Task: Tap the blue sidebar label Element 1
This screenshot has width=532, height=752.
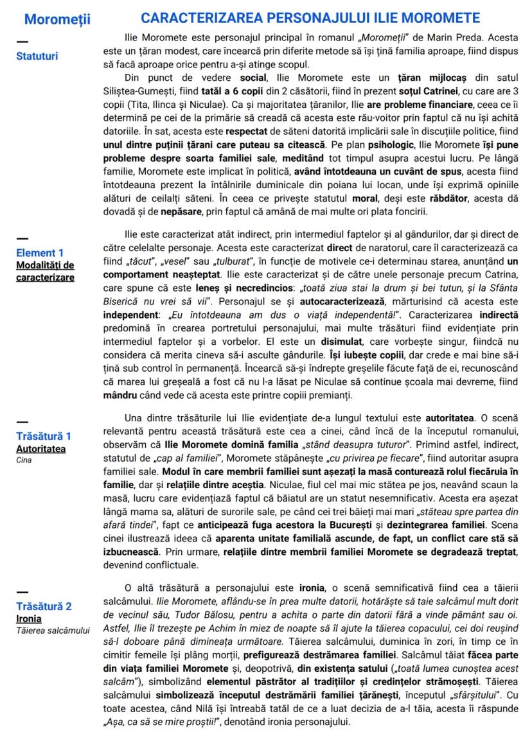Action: tap(40, 252)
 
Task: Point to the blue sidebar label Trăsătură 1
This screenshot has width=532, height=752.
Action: tap(44, 436)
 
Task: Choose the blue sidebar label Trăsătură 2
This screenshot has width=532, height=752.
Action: tap(44, 606)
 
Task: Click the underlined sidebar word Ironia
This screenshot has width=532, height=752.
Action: tap(29, 618)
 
